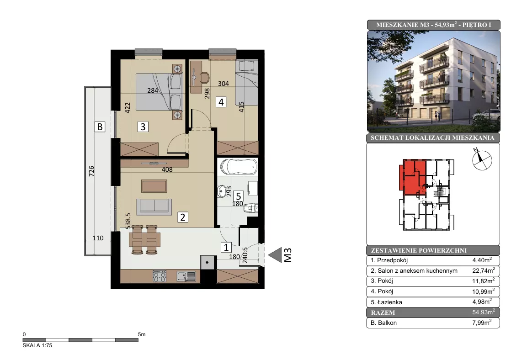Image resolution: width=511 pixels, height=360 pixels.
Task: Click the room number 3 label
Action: [143, 127]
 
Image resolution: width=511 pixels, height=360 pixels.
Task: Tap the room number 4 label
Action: [221, 102]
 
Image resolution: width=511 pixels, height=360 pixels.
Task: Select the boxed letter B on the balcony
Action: [100, 127]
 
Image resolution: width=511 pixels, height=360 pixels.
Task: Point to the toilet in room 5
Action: [251, 208]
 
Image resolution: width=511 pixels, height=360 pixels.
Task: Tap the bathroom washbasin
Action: [222, 191]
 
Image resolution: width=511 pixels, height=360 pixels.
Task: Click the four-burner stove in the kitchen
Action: [160, 276]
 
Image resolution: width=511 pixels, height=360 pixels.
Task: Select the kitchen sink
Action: [186, 276]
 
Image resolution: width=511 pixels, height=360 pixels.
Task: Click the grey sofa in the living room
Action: [154, 206]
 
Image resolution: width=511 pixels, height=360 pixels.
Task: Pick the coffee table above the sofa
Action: [154, 186]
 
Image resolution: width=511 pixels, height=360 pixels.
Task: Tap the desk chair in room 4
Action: [204, 77]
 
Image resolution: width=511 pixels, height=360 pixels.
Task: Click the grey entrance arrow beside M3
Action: [275, 255]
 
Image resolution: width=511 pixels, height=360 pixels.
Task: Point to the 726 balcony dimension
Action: [91, 171]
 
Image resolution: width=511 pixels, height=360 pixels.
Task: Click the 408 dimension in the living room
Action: [167, 169]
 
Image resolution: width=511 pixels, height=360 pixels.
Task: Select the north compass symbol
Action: [481, 159]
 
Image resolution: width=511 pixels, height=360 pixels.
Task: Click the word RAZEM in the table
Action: [383, 312]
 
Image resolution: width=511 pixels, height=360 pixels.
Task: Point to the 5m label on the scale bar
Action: [142, 334]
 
